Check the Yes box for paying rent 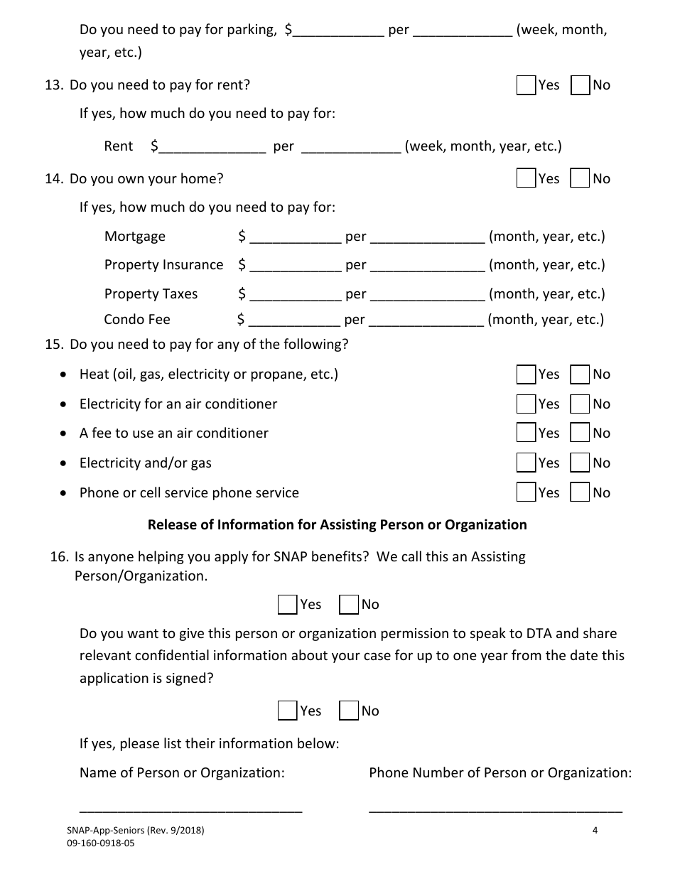tap(526, 85)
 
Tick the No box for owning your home tap(580, 178)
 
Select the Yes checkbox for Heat tap(526, 374)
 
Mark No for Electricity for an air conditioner tap(580, 404)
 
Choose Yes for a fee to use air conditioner tap(526, 433)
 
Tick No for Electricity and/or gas tap(580, 463)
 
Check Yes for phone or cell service tap(526, 492)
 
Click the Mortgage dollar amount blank tap(295, 237)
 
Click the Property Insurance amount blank tap(295, 266)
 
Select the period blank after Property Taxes tap(427, 295)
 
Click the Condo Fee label tap(137, 320)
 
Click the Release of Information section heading tap(337, 525)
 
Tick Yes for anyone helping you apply tap(287, 605)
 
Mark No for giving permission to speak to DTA tap(349, 711)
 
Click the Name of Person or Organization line tap(190, 807)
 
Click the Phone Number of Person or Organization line tap(495, 807)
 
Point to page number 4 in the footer tap(595, 829)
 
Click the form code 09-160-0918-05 tap(100, 843)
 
